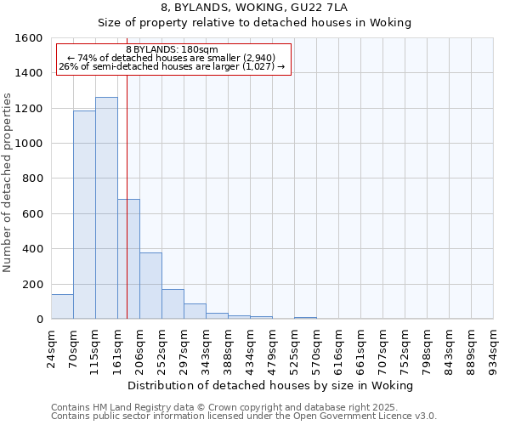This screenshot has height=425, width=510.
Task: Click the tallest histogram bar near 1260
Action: pos(106,208)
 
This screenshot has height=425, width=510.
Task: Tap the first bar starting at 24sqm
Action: pos(62,307)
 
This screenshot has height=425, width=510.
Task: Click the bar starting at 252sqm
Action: pos(173,304)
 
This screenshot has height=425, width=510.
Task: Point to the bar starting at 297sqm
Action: pos(195,311)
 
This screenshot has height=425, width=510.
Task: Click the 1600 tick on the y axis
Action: pos(29,38)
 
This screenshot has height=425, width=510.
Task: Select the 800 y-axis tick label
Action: pos(32,178)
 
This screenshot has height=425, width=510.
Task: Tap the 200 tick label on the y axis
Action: pos(32,284)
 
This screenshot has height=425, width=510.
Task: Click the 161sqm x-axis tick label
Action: pos(118,347)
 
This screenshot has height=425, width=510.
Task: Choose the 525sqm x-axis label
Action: pos(295,347)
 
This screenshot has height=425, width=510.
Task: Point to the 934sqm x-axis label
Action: pos(494,347)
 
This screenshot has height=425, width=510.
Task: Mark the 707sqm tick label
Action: pos(383,347)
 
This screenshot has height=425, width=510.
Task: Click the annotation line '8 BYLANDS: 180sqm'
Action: pos(172,49)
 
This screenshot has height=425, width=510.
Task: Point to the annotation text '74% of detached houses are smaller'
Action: pos(173,58)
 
